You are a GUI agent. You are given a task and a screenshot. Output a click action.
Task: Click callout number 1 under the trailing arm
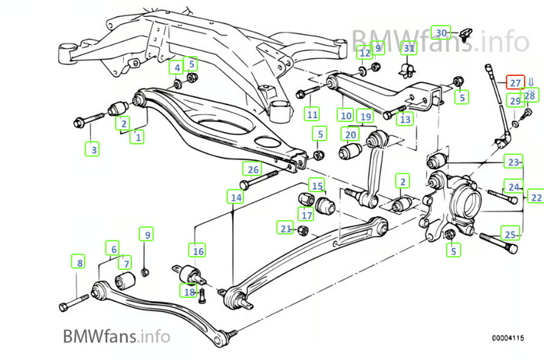(x=137, y=136)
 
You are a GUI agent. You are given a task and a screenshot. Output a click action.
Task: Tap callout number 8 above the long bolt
(x=78, y=260)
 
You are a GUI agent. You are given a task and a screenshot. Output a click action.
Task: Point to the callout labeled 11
(x=313, y=114)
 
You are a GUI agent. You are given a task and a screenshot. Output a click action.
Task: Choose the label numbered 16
(x=198, y=250)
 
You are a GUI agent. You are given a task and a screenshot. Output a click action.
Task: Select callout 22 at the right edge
(x=535, y=196)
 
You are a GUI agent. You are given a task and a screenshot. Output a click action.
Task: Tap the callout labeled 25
(x=511, y=234)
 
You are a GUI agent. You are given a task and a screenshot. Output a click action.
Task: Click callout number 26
(x=253, y=169)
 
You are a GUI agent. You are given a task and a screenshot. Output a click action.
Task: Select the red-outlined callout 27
(x=515, y=82)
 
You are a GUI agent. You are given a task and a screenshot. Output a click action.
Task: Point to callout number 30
(x=441, y=33)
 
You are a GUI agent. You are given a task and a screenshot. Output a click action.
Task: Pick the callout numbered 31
(x=410, y=49)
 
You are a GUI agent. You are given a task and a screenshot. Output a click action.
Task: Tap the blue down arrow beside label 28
(x=531, y=83)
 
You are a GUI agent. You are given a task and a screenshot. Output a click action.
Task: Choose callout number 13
(x=404, y=118)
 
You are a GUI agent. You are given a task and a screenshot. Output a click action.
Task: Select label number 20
(x=351, y=135)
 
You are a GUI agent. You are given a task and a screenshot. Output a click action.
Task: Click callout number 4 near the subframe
(x=177, y=68)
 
